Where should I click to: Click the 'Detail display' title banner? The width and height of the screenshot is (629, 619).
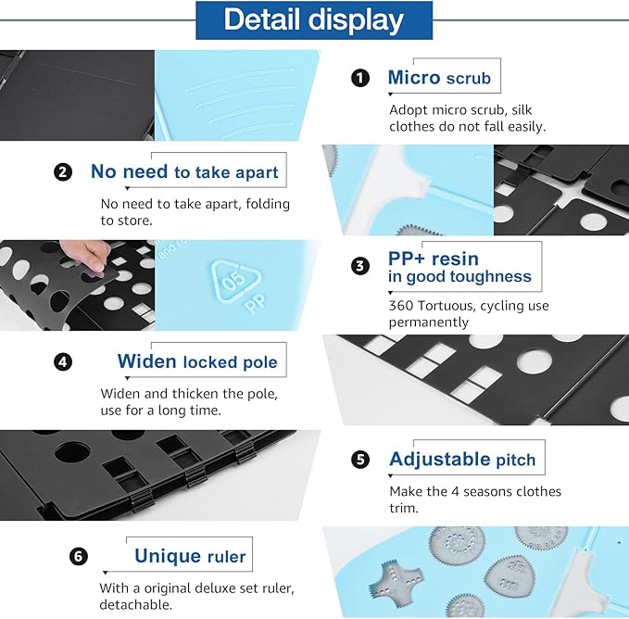(314, 20)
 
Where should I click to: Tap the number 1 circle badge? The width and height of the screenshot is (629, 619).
(360, 78)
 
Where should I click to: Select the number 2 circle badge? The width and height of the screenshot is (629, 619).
(63, 172)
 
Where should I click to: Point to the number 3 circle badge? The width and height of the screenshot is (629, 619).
(360, 266)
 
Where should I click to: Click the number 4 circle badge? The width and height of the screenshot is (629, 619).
(63, 362)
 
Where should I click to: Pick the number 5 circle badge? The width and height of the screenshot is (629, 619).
(360, 460)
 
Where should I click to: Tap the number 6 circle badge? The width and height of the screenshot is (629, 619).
(78, 556)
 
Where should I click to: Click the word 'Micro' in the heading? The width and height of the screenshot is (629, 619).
(414, 78)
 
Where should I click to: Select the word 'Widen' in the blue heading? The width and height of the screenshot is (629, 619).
(146, 361)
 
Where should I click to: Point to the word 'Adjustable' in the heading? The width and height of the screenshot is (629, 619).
(440, 460)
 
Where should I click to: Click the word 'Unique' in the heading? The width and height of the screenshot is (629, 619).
(168, 556)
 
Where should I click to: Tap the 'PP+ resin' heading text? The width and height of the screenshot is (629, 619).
(434, 259)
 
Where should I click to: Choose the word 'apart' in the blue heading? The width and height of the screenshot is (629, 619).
(257, 173)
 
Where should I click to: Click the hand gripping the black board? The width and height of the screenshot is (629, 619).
(87, 254)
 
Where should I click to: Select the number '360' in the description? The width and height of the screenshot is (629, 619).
(401, 306)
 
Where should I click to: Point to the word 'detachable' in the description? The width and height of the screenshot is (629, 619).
(135, 604)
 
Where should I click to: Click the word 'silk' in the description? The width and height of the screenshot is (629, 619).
(522, 110)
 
